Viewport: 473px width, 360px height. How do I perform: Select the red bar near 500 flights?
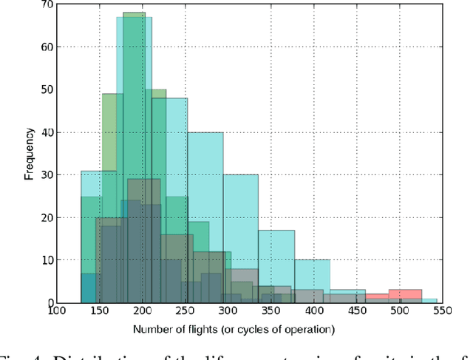[x=405, y=296]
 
